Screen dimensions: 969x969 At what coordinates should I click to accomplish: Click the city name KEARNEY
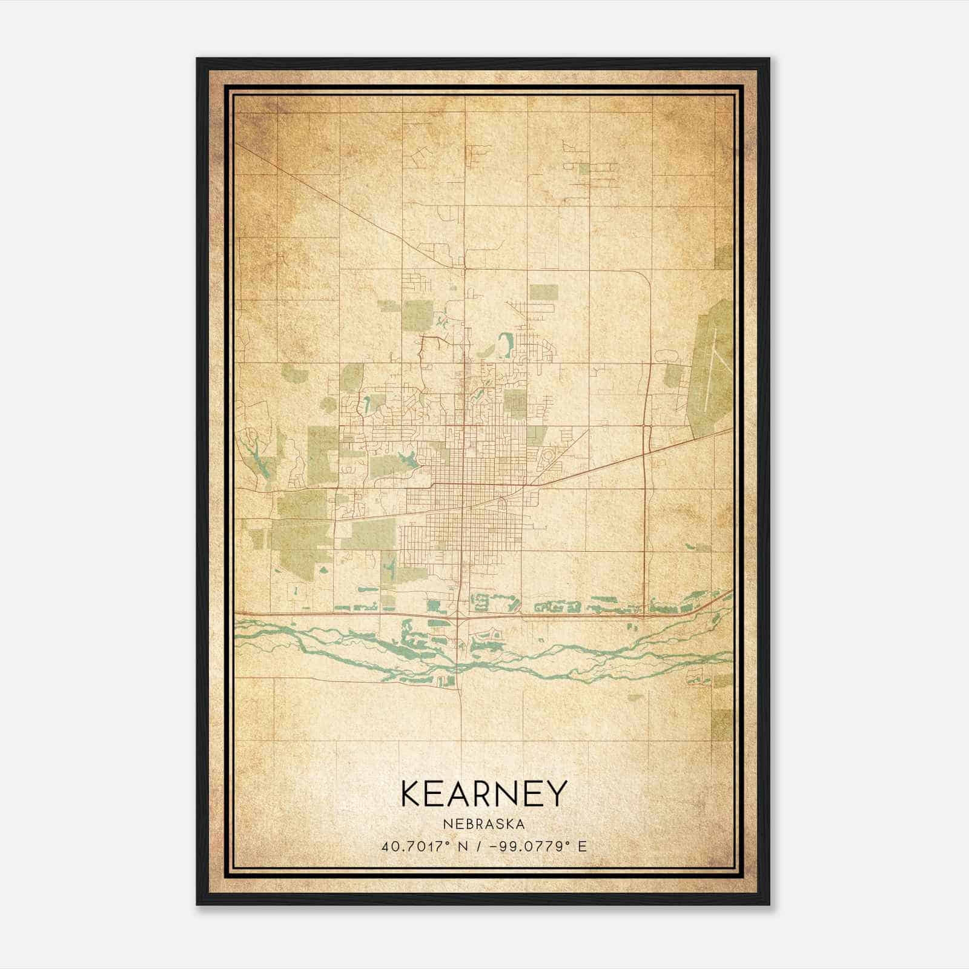pyautogui.click(x=483, y=793)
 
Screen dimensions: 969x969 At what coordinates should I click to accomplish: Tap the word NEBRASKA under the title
pyautogui.click(x=483, y=824)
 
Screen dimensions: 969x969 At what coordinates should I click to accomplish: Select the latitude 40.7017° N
pyautogui.click(x=423, y=846)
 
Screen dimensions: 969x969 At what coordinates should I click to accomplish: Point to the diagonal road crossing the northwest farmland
pyautogui.click(x=339, y=200)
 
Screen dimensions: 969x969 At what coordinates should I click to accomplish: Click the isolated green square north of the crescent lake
pyautogui.click(x=543, y=293)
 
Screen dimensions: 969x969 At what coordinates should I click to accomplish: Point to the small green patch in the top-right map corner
pyautogui.click(x=724, y=257)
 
